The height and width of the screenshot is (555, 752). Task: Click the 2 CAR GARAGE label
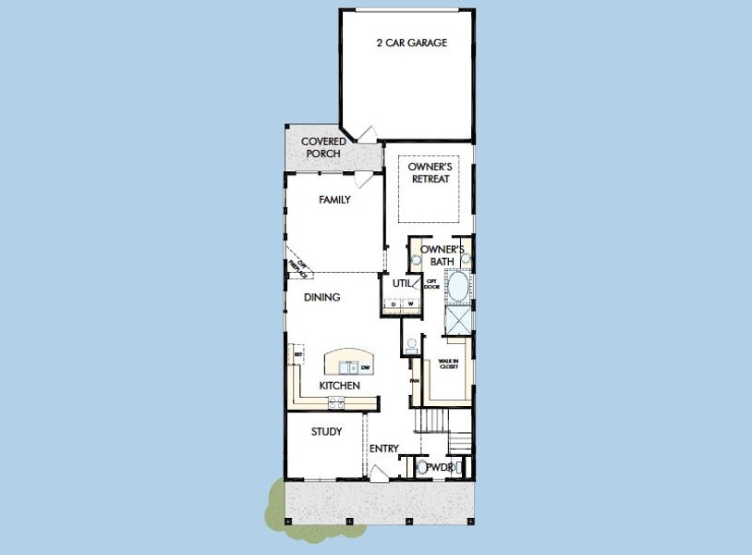[412, 43]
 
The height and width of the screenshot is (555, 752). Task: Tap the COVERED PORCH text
[323, 147]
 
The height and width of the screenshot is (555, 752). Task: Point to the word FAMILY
[334, 200]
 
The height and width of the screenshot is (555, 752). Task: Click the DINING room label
[322, 297]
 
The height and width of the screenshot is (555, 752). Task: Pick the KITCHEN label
[339, 385]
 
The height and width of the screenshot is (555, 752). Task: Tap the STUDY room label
[326, 431]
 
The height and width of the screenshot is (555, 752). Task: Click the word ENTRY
[383, 449]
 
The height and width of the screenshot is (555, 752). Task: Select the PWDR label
[440, 468]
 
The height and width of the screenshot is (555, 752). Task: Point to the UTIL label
[401, 284]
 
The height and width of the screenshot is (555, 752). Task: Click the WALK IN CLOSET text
[448, 364]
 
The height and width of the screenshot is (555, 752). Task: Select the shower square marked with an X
[458, 320]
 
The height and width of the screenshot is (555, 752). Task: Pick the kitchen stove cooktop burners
[336, 401]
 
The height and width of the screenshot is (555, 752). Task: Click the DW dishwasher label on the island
[365, 368]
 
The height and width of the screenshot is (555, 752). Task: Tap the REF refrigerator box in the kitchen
[298, 355]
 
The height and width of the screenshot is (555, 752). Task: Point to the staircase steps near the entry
[431, 424]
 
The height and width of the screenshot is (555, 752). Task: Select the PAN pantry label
[415, 379]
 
